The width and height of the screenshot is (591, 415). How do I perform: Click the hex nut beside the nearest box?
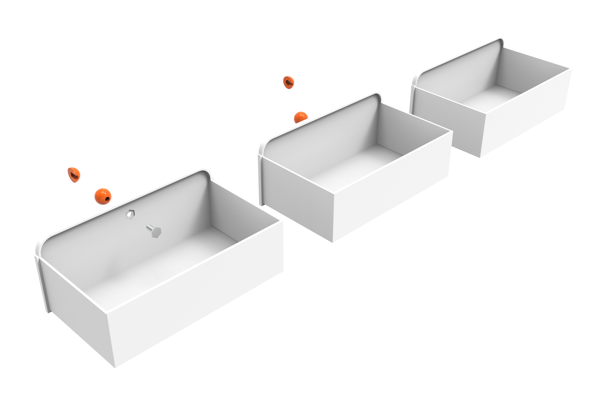click(x=130, y=214)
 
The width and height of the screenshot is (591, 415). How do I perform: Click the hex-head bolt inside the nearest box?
click(x=154, y=231)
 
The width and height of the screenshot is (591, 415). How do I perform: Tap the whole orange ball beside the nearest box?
click(x=103, y=196)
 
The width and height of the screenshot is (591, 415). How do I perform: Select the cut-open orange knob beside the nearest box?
click(x=74, y=175)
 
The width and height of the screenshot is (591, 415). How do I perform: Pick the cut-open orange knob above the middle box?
click(x=289, y=82)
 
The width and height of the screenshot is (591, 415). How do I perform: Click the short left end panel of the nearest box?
click(x=77, y=309)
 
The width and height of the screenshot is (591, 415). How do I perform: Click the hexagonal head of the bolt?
click(x=156, y=232)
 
